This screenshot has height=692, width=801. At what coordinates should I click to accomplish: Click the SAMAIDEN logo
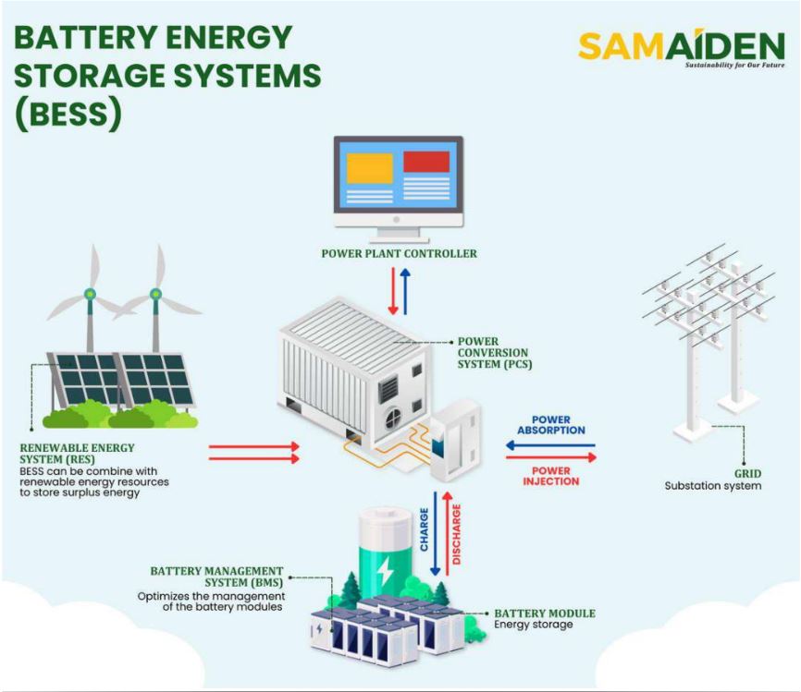click(681, 48)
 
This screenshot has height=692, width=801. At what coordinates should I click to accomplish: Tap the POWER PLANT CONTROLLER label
click(399, 253)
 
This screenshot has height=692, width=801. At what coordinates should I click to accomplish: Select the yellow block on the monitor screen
click(369, 167)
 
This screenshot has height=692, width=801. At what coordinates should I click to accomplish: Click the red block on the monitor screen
click(426, 162)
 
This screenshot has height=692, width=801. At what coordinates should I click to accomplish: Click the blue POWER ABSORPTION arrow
click(550, 445)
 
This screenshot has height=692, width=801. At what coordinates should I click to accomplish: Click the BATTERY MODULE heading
click(545, 613)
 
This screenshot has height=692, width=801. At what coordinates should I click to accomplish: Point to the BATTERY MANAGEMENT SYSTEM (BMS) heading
click(216, 577)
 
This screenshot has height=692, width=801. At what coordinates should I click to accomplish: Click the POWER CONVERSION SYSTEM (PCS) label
click(494, 353)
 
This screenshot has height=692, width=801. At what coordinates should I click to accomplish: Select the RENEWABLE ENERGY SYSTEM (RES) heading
click(77, 453)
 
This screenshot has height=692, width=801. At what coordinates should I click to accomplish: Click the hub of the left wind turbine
click(90, 295)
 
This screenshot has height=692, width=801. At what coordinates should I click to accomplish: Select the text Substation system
click(713, 485)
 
